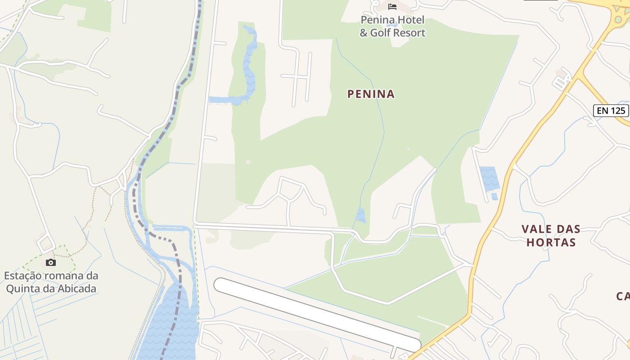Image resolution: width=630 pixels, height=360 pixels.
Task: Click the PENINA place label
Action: point(371,94)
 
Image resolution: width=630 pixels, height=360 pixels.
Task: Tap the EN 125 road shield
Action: point(611,111)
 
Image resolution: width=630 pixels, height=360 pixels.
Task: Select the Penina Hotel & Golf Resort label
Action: point(392,27)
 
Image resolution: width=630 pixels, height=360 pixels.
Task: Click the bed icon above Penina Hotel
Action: point(392,6)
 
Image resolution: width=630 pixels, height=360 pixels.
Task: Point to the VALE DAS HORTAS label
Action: point(551,235)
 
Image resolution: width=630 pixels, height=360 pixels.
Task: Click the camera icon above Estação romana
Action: point(51,262)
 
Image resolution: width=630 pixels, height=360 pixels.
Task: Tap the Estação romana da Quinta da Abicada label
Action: point(51,282)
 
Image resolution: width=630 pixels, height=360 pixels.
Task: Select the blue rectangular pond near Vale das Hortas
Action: point(489,178)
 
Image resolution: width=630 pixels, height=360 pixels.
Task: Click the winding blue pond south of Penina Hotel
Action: point(248,67)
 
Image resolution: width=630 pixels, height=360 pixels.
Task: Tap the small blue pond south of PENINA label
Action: point(360,216)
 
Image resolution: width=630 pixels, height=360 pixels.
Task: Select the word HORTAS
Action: point(551,242)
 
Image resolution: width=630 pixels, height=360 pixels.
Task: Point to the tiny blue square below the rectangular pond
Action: point(494,196)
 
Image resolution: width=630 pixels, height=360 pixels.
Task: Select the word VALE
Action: point(535,229)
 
